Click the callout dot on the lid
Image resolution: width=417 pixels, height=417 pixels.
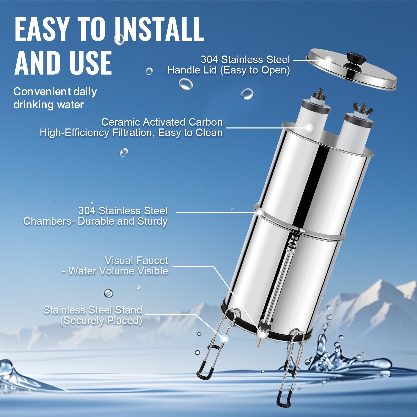point(328,60)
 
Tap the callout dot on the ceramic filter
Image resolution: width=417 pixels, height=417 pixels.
point(309,127)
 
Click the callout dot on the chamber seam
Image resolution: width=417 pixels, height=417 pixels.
point(260,212)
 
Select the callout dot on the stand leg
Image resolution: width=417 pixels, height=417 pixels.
point(224,339)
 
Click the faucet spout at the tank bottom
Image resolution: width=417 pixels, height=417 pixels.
point(261,339)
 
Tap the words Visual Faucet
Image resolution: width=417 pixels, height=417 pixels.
point(136,261)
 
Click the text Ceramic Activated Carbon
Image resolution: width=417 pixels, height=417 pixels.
point(162,122)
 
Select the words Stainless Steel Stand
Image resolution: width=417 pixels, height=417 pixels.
point(93,310)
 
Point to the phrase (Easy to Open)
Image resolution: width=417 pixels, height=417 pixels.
point(255,70)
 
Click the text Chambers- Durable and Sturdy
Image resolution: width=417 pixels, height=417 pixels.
point(95,221)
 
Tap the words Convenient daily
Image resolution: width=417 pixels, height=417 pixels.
point(55,92)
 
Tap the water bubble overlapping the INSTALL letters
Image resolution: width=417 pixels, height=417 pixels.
point(119,40)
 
